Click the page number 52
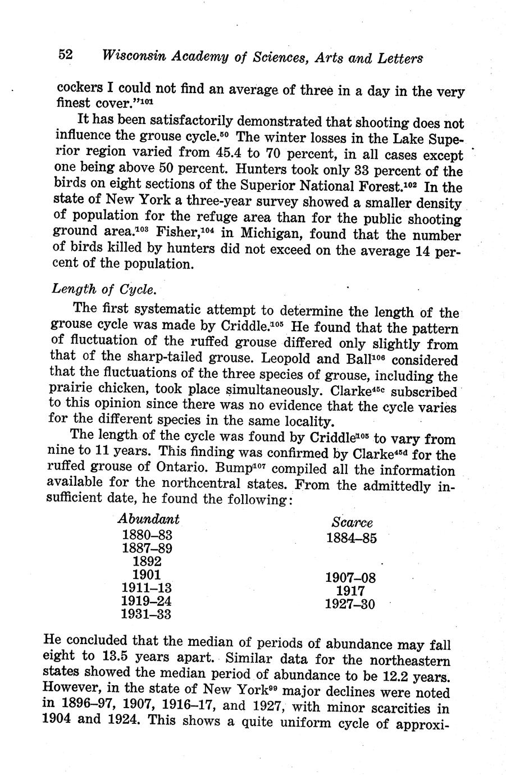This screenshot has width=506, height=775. click(65, 55)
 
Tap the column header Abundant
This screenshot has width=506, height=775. click(149, 518)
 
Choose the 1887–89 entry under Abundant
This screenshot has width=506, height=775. click(147, 548)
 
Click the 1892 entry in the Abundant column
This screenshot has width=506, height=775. click(147, 561)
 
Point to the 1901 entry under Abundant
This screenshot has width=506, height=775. click(147, 575)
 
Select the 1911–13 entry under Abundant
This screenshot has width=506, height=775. click(147, 588)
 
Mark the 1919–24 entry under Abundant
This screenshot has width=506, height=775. click(147, 601)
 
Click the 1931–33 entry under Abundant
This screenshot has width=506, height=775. click(147, 614)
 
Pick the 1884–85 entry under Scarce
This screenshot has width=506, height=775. click(351, 537)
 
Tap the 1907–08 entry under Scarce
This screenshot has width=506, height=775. click(350, 577)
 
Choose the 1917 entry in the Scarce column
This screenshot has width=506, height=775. click(351, 591)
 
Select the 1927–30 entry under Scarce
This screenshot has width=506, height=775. click(350, 604)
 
